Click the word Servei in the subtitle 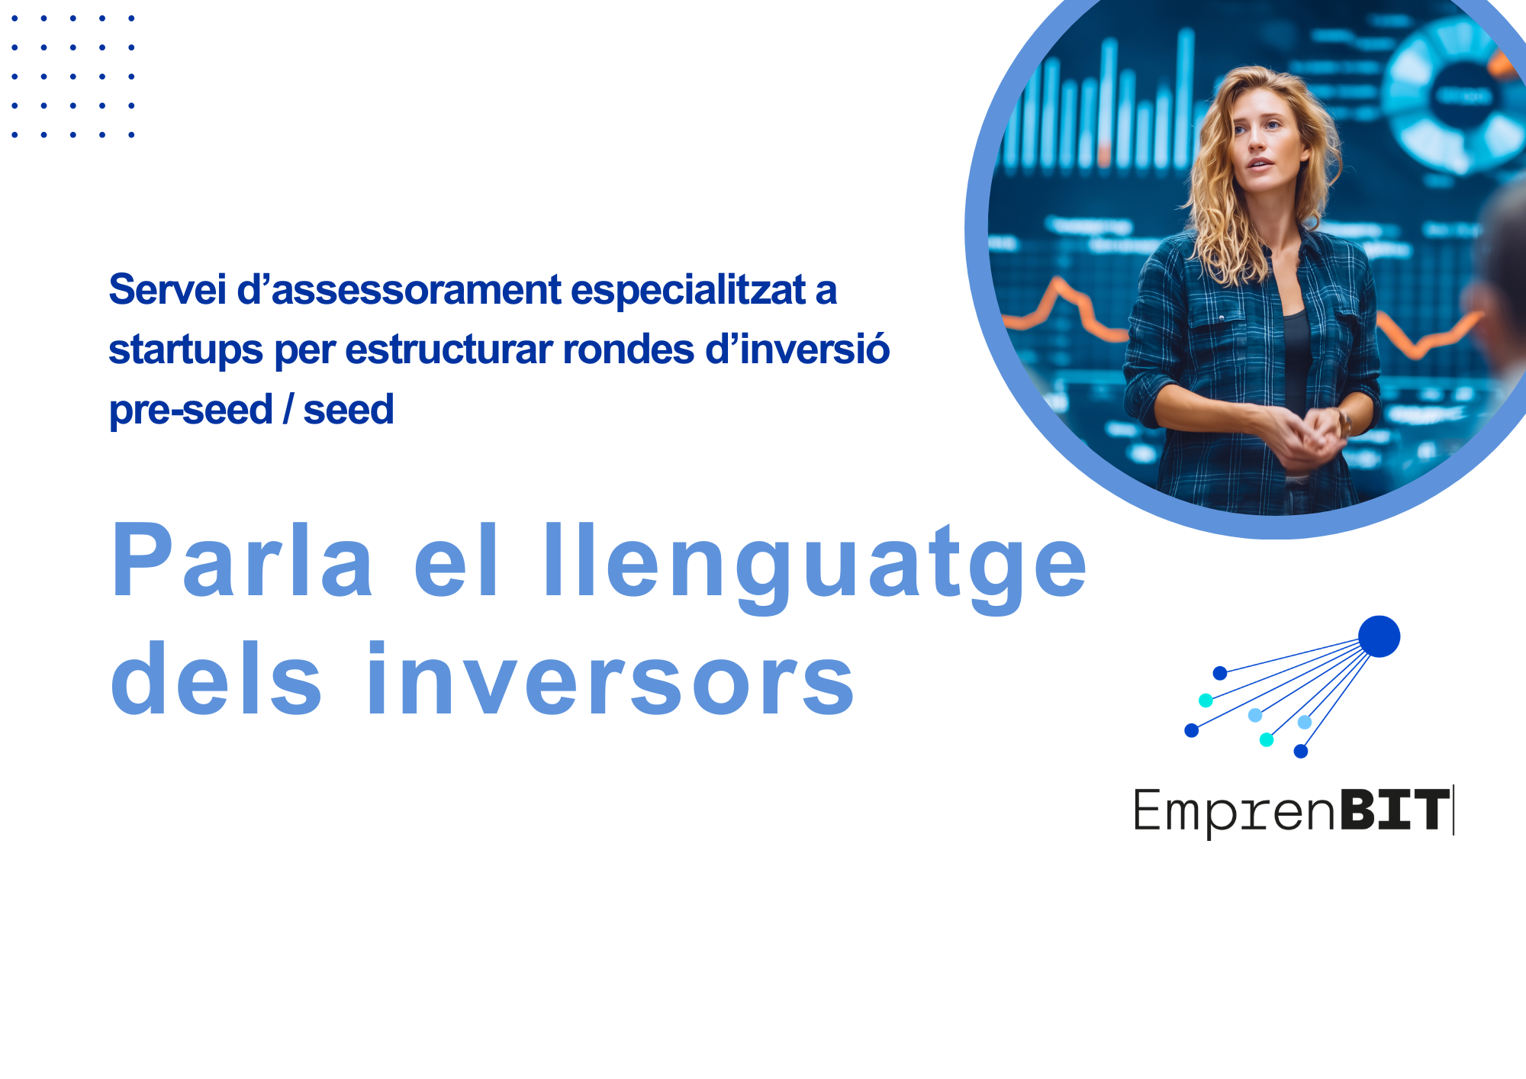(x=168, y=290)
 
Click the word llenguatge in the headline (x=815, y=568)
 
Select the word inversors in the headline (x=610, y=678)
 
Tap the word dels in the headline (x=217, y=678)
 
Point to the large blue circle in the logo (x=1379, y=636)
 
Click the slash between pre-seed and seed (x=288, y=410)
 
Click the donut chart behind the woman (x=1454, y=95)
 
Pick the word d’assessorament (x=399, y=290)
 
